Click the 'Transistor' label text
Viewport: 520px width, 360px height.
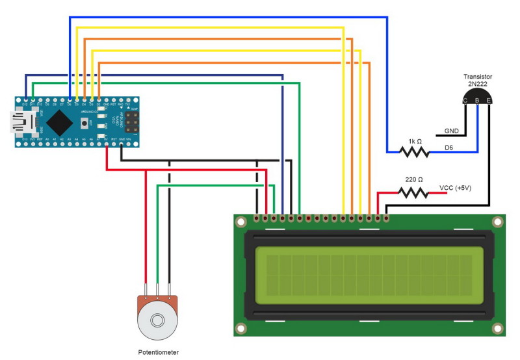pyautogui.click(x=477, y=77)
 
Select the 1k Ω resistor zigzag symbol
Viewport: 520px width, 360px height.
pyautogui.click(x=414, y=152)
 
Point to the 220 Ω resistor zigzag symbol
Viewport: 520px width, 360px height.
pyautogui.click(x=413, y=192)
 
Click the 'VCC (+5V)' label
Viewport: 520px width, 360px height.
pyautogui.click(x=455, y=188)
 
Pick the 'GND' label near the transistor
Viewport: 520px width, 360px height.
pyautogui.click(x=451, y=131)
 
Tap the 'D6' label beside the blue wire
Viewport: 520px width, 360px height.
pyautogui.click(x=448, y=148)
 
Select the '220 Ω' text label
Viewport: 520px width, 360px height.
pyautogui.click(x=414, y=179)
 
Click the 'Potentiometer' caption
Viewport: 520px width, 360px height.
pyautogui.click(x=158, y=352)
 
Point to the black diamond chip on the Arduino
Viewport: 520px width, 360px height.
pyautogui.click(x=60, y=122)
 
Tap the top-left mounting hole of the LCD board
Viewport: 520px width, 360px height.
pyautogui.click(x=240, y=222)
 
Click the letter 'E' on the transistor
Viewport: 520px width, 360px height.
pyautogui.click(x=488, y=101)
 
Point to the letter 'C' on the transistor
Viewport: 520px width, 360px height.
pyautogui.click(x=465, y=101)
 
